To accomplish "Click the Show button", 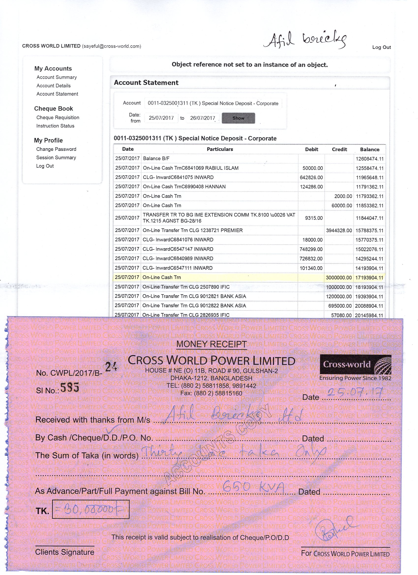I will coord(238,118).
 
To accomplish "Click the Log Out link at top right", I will coord(381,47).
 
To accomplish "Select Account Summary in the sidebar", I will coord(57,77).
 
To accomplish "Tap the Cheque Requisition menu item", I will coord(58,117).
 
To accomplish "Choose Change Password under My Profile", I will coord(56,149).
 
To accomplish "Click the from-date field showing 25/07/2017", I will coord(161,118).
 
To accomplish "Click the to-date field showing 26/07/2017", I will coord(202,118).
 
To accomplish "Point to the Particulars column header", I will coord(220,149).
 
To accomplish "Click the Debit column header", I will coord(312,149).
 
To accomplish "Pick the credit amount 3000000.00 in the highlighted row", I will coord(339,278).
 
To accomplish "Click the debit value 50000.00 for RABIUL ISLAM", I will coord(313,168).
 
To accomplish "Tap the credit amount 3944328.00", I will coord(339,230).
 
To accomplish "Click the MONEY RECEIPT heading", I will coord(211,344).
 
